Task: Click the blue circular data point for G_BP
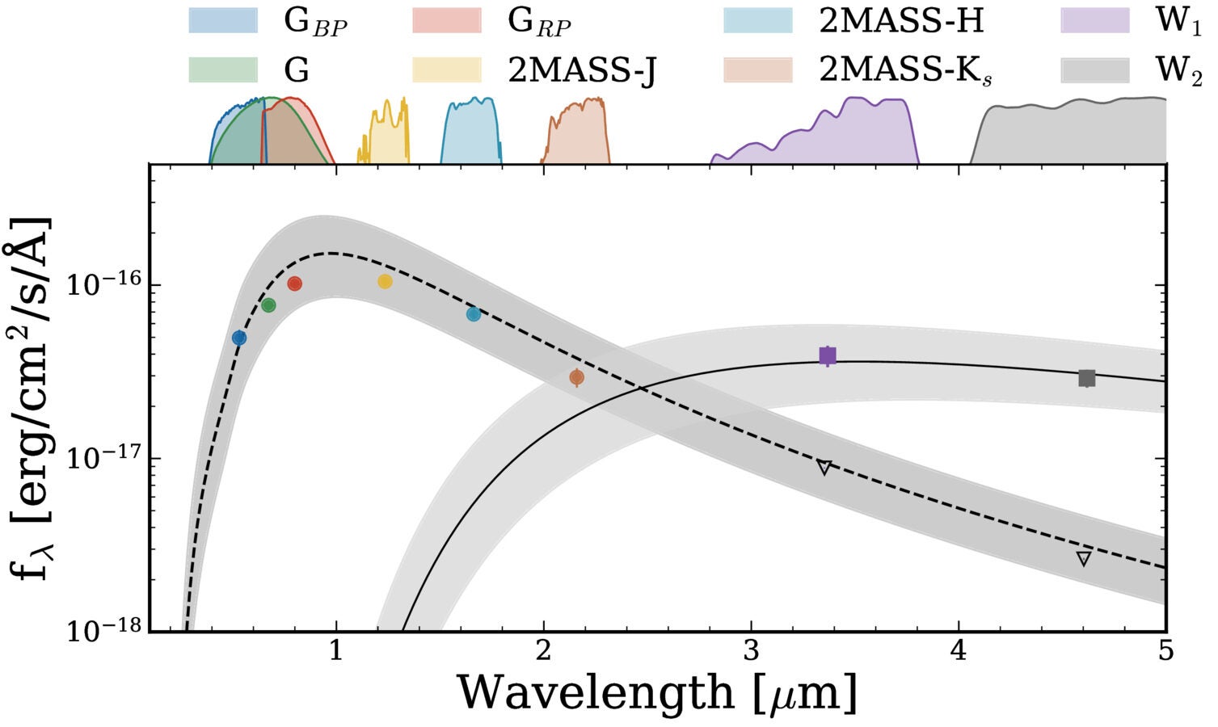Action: pyautogui.click(x=239, y=338)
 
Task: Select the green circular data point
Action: pyautogui.click(x=268, y=305)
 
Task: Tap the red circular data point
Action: pyautogui.click(x=294, y=284)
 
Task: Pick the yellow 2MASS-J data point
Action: pyautogui.click(x=385, y=281)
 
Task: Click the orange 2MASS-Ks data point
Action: pyautogui.click(x=576, y=376)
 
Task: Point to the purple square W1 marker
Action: pyautogui.click(x=827, y=355)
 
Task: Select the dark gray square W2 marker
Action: pyautogui.click(x=1087, y=378)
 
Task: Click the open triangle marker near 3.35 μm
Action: pyautogui.click(x=824, y=467)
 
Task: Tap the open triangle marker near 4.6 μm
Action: pyautogui.click(x=1084, y=558)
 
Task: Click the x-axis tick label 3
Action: pyautogui.click(x=751, y=650)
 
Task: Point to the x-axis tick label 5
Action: pyautogui.click(x=1165, y=650)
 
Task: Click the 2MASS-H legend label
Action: pyautogui.click(x=901, y=21)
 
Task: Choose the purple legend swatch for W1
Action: pyautogui.click(x=1094, y=21)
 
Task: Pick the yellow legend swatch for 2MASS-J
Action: pyautogui.click(x=446, y=70)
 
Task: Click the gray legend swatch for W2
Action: pyautogui.click(x=1094, y=70)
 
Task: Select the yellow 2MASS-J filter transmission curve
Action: pyautogui.click(x=384, y=133)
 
